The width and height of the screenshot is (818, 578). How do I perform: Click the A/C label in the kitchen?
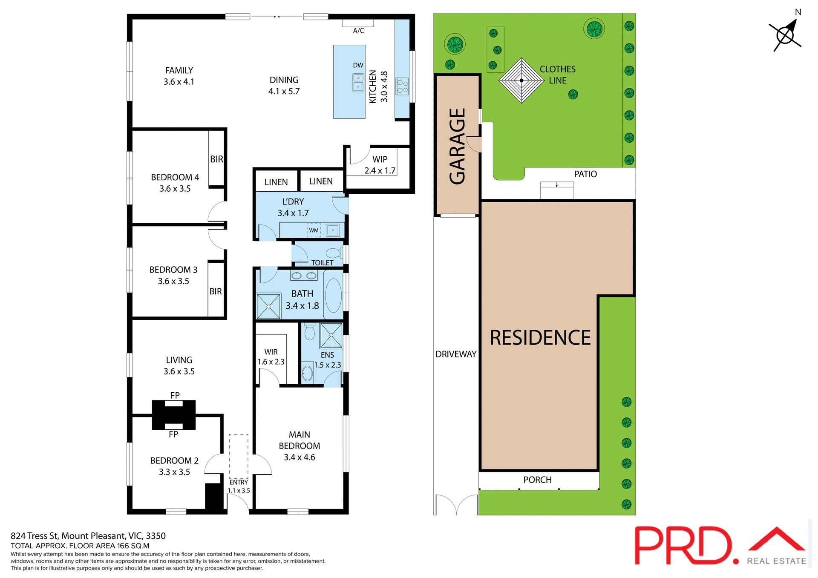[x=358, y=31]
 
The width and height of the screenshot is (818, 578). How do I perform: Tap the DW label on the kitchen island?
[x=358, y=65]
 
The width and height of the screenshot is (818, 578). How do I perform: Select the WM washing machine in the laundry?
[x=314, y=230]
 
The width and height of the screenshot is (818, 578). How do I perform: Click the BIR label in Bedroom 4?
[x=216, y=159]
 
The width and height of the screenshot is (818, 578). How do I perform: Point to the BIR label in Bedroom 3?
[x=216, y=291]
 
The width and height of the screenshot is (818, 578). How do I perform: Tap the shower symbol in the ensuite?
[x=331, y=335]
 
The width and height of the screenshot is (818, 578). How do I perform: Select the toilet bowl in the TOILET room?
[x=334, y=253]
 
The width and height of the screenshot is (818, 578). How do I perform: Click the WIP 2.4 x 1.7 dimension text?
[x=380, y=170]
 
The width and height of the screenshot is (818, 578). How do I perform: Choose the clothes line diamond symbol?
[x=521, y=81]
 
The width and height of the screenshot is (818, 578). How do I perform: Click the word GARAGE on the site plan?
[x=458, y=146]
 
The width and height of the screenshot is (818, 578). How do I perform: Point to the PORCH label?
[x=537, y=480]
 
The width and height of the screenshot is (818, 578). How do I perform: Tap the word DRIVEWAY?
[x=455, y=354]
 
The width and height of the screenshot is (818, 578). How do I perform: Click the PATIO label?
[x=585, y=174]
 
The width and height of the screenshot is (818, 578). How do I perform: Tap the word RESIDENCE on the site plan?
[x=540, y=338]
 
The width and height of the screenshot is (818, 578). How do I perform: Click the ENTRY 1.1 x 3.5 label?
[x=239, y=486]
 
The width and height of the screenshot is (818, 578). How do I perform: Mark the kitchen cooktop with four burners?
[x=402, y=86]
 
